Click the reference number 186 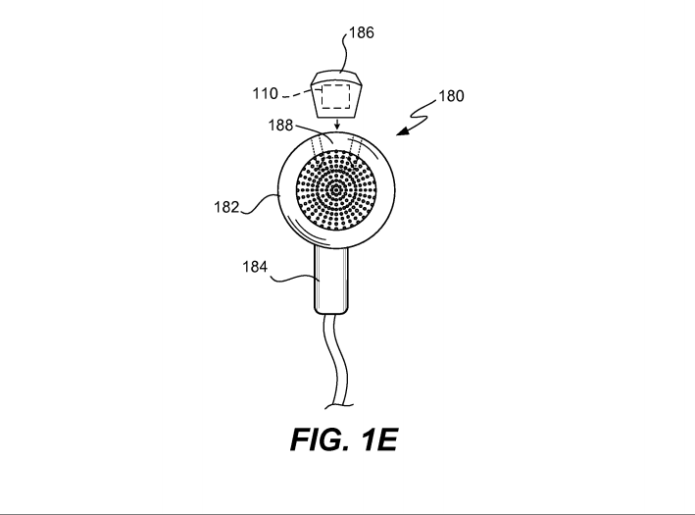(362, 32)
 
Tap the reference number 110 (265, 93)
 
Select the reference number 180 (451, 96)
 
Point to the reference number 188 (280, 126)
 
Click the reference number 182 (226, 207)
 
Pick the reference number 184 (255, 267)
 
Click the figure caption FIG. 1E (343, 440)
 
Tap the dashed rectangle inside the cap (335, 96)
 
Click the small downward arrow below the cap (337, 125)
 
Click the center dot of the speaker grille (336, 190)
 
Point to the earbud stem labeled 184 (331, 280)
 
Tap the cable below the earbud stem (335, 360)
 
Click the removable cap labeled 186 (336, 95)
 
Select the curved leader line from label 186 (343, 51)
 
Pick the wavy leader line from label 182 (261, 204)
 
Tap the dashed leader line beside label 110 (296, 93)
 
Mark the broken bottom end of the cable (339, 405)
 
